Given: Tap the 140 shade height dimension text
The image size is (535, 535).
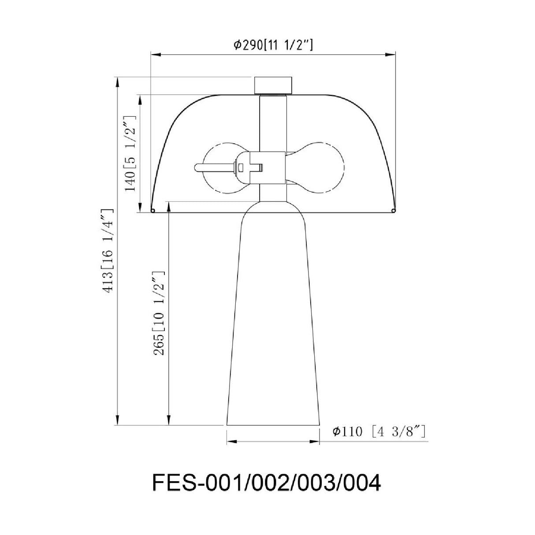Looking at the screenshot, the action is point(130,154).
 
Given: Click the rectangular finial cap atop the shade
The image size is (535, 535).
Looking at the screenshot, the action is point(273,85).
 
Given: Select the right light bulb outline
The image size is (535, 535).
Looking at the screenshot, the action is point(316,168).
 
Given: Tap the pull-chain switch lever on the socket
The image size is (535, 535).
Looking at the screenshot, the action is point(215,168).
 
